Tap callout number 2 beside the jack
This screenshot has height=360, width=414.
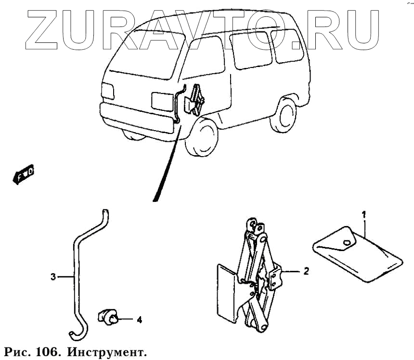pyautogui.click(x=306, y=271)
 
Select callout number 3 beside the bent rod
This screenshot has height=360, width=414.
pyautogui.click(x=53, y=277)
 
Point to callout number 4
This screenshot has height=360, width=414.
pyautogui.click(x=139, y=319)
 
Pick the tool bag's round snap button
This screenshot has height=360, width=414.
pyautogui.click(x=347, y=242)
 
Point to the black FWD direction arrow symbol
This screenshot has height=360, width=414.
pyautogui.click(x=23, y=174)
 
